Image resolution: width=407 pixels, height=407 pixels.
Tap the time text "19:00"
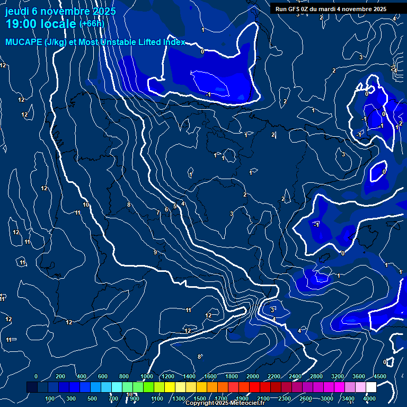coord(22,24)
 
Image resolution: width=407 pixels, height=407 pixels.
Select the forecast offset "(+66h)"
coord(92,24)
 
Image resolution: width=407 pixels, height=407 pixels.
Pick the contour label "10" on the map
coord(86,205)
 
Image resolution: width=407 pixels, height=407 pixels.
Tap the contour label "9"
coord(155,252)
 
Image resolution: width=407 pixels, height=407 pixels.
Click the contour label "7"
coord(157,213)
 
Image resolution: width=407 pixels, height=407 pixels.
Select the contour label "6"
coord(166,209)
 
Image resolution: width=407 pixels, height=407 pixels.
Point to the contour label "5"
coord(175,206)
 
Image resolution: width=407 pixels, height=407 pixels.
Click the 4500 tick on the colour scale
coord(380,376)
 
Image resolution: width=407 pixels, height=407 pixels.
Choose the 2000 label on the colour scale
coord(253,376)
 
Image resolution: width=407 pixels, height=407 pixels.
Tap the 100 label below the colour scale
coord(50,398)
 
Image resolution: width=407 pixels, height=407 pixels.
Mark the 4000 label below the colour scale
coord(369,398)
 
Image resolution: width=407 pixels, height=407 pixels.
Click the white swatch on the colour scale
coord(371,387)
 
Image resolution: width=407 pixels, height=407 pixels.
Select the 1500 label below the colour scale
coord(200,398)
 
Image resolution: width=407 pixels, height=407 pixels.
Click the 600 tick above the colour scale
coord(103,376)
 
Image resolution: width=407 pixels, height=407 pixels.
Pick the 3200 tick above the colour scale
coord(338,376)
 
